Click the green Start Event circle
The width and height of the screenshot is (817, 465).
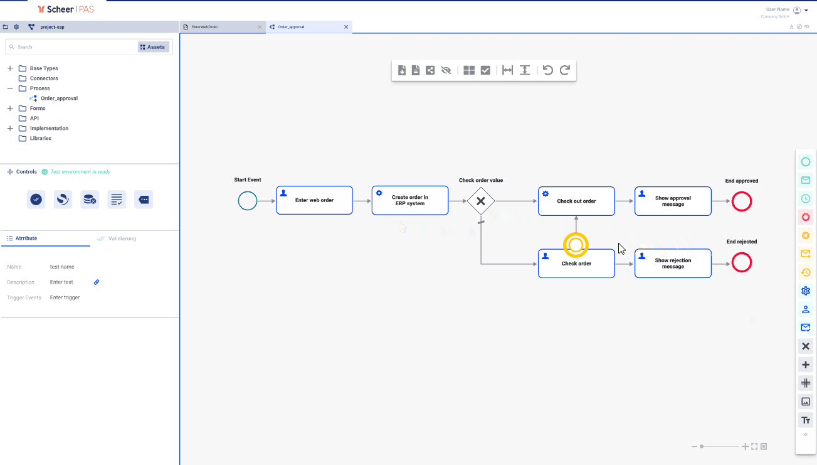[x=248, y=201]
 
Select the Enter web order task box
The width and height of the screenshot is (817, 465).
[x=314, y=200]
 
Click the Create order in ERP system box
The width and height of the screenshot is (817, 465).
[x=409, y=200]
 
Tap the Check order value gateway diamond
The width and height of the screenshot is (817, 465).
[x=481, y=201]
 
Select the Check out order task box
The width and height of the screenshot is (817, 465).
[x=576, y=201]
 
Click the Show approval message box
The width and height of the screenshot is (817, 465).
[x=673, y=201]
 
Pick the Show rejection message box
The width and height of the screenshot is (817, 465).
[x=673, y=264]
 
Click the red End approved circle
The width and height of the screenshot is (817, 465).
[x=742, y=201]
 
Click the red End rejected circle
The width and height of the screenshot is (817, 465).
[x=742, y=262]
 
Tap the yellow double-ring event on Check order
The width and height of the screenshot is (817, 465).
[x=576, y=245]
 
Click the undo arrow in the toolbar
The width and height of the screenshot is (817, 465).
[x=548, y=70]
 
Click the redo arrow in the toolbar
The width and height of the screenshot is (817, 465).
[x=565, y=70]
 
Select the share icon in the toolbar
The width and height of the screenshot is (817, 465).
[x=430, y=70]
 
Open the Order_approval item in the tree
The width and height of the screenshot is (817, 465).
[x=59, y=99]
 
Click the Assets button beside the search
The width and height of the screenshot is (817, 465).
[x=153, y=47]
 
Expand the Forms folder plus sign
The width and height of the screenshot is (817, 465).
[x=10, y=109]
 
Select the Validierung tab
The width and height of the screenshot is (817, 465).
[x=122, y=238]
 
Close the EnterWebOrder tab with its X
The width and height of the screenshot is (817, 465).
[x=260, y=27]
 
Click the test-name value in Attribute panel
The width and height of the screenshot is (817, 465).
[x=62, y=267]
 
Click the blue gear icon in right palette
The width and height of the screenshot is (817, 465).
[x=806, y=291]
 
